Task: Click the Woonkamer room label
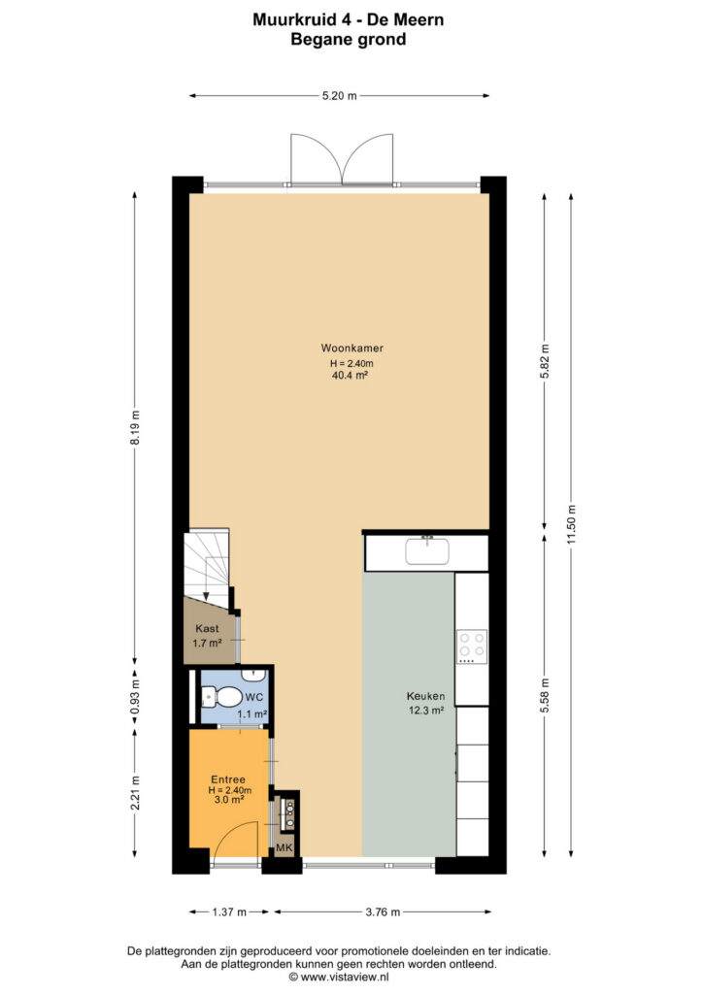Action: pyautogui.click(x=351, y=348)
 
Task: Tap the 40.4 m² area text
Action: pyautogui.click(x=350, y=376)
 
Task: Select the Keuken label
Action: pyautogui.click(x=425, y=696)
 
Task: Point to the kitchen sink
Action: pyautogui.click(x=427, y=551)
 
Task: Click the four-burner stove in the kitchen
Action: pyautogui.click(x=472, y=646)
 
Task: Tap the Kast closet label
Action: pyautogui.click(x=207, y=629)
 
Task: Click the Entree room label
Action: pyautogui.click(x=228, y=779)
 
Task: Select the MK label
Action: pyautogui.click(x=284, y=847)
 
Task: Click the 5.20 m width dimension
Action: pyautogui.click(x=340, y=96)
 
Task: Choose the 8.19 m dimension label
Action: pyautogui.click(x=134, y=428)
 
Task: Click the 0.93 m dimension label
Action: pyautogui.click(x=134, y=697)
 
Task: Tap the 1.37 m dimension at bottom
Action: pyautogui.click(x=229, y=912)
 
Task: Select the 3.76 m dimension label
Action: pyautogui.click(x=383, y=912)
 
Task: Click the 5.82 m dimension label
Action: pyautogui.click(x=545, y=361)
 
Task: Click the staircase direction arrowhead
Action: pyautogui.click(x=206, y=595)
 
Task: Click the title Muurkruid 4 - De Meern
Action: pyautogui.click(x=348, y=19)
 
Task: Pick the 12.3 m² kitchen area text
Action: pyautogui.click(x=426, y=711)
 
